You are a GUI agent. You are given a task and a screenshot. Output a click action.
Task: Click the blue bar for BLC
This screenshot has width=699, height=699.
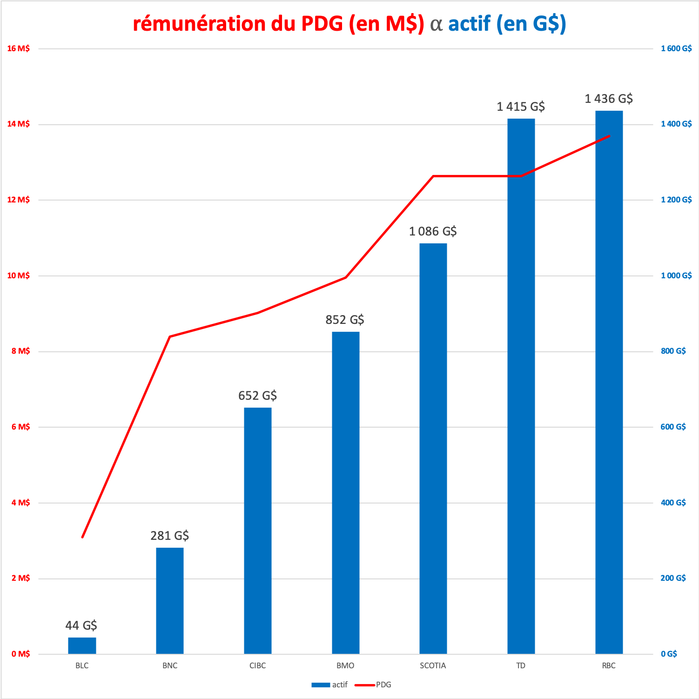coord(82,645)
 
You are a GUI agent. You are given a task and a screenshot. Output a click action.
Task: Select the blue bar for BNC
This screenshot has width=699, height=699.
coord(170,600)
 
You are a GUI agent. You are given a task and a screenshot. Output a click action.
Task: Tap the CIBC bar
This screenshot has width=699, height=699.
coord(258,531)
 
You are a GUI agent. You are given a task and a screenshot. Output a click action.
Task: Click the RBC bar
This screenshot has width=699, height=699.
coord(609,382)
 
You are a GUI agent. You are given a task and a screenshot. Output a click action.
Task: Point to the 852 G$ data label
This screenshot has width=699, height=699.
coord(345,320)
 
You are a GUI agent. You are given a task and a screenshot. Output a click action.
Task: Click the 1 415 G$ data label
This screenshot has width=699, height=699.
coord(521,107)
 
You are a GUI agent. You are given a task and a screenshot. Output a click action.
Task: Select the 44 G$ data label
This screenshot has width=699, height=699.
coord(81,625)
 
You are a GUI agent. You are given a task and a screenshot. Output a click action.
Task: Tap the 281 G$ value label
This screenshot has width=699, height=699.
coord(170,536)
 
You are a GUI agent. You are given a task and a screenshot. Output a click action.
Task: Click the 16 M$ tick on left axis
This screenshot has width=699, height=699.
coord(19,48)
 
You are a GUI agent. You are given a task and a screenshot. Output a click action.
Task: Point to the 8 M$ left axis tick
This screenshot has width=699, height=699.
coord(20,351)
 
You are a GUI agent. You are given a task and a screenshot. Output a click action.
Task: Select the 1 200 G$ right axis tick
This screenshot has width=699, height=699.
coord(676,200)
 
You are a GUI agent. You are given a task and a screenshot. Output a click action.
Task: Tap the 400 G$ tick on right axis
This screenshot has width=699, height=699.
coord(673,503)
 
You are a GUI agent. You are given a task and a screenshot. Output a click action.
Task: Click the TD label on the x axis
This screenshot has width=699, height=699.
coord(521,665)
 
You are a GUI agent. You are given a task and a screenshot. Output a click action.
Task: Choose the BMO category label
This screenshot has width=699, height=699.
coord(345,665)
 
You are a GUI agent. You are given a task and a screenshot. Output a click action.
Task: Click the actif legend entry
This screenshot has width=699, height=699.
coord(329,685)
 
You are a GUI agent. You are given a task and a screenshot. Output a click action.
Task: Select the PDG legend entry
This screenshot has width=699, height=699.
coord(373,685)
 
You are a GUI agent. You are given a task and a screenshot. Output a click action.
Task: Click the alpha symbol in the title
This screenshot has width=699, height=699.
coord(436,24)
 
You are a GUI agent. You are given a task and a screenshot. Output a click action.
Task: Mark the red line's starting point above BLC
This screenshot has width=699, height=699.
coord(82,537)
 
